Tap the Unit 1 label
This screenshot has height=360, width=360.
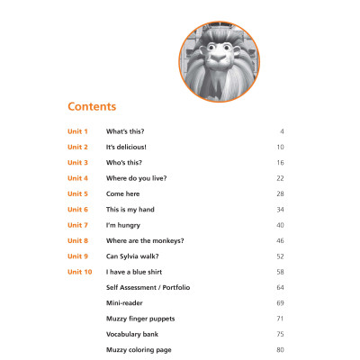coord(77,131)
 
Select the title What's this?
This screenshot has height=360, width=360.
coord(125,131)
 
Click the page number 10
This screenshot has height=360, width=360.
coord(281,147)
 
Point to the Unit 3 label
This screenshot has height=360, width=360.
coord(77,163)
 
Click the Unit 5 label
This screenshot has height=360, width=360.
coord(77,193)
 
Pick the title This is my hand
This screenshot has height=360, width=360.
coord(130,210)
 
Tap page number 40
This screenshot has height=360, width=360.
coord(281,225)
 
